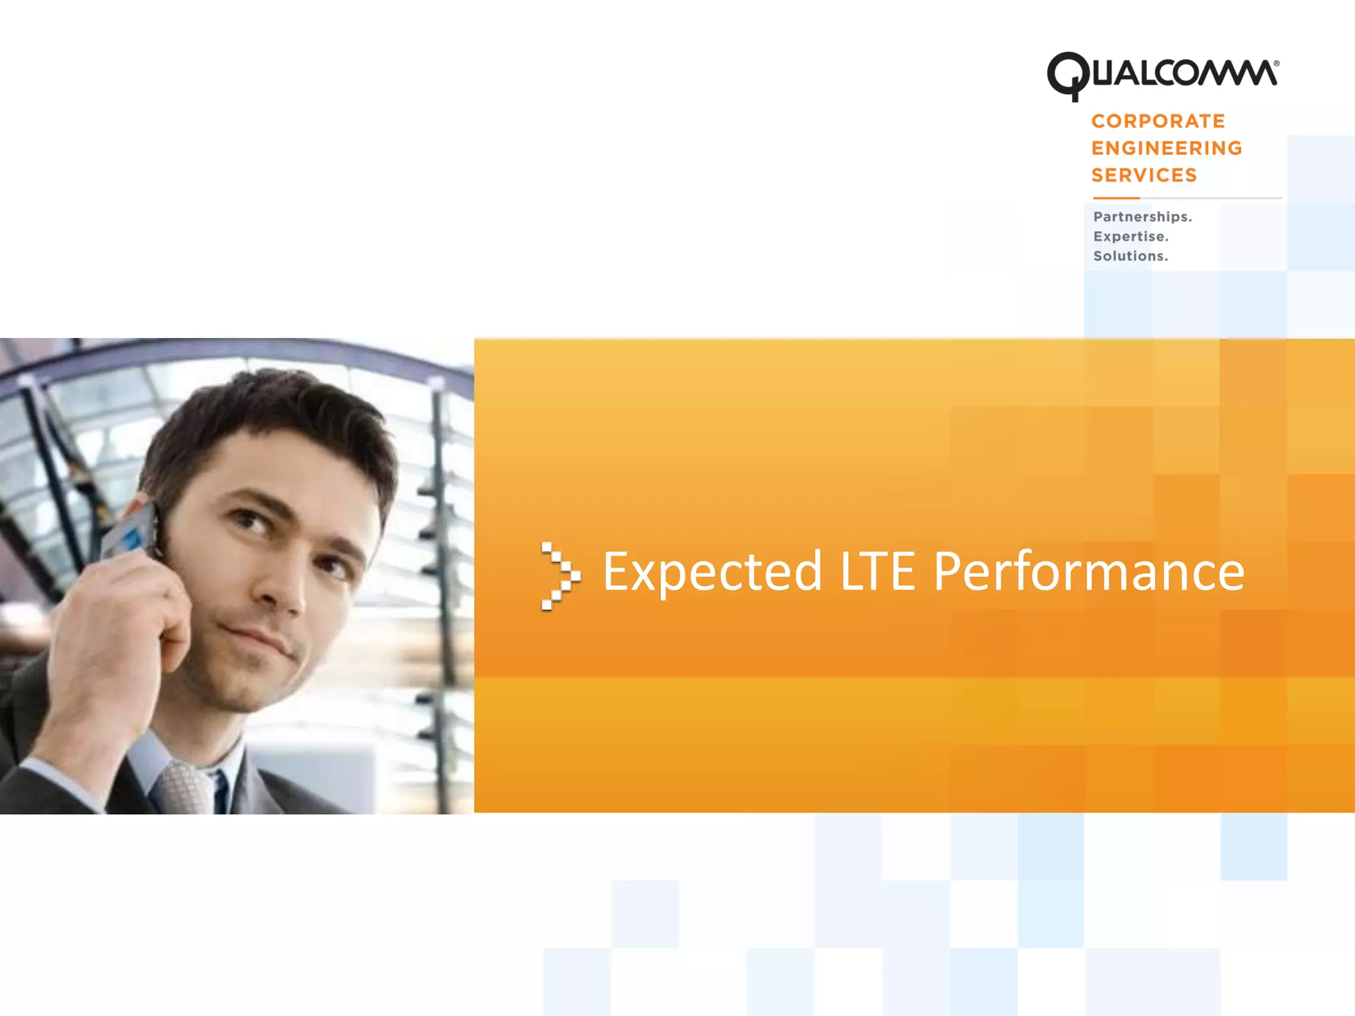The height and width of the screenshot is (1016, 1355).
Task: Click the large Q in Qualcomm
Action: click(1067, 75)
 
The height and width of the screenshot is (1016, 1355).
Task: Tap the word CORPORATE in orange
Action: click(1158, 121)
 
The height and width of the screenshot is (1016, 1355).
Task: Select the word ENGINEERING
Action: click(1166, 148)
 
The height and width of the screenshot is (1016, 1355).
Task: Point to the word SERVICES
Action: click(1144, 175)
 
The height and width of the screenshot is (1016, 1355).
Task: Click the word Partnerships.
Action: click(1142, 217)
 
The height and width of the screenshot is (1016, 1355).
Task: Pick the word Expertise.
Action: click(1131, 237)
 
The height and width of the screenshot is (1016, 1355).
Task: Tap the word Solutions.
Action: click(1130, 256)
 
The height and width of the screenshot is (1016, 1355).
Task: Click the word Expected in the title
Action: click(712, 572)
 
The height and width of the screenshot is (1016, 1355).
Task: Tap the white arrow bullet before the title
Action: click(560, 575)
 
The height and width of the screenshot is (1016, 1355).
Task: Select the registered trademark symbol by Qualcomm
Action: click(1276, 63)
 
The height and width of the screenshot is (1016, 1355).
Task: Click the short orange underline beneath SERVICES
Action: click(1115, 198)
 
